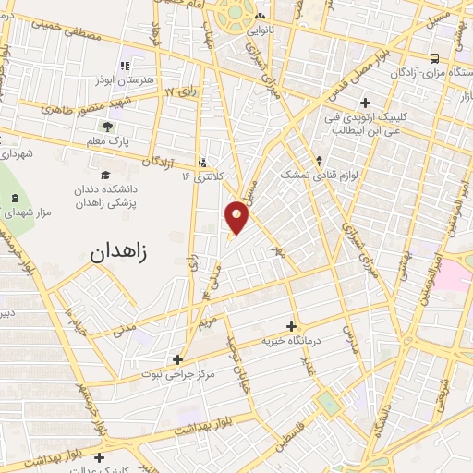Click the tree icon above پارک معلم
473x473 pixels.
pos(109,127)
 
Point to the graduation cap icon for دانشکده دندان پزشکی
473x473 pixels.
pos(104,175)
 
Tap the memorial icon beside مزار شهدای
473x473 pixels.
pos(13,199)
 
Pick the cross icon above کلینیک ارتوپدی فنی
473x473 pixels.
pos(365,103)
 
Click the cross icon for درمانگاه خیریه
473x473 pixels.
pos(292,326)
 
